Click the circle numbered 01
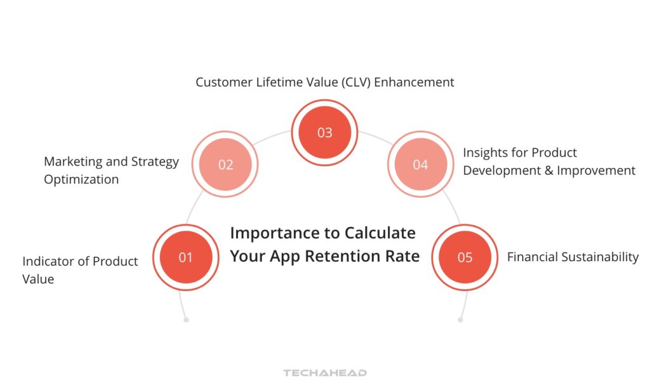[185, 257]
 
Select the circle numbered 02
[225, 165]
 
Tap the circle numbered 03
[324, 132]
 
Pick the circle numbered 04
[420, 165]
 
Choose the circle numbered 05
[465, 257]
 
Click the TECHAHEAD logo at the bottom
[324, 373]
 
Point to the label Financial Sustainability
[573, 257]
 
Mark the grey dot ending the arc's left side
[186, 320]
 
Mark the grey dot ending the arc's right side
[460, 320]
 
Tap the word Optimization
[81, 179]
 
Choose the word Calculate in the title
[380, 233]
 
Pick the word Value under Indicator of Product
[38, 279]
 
